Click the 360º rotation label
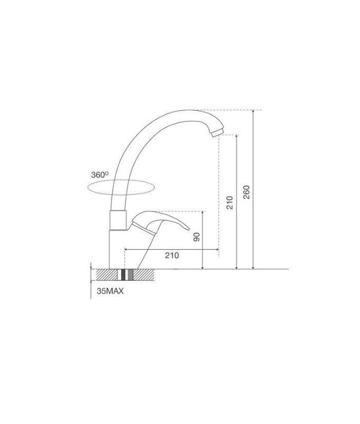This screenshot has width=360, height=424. point(100,174)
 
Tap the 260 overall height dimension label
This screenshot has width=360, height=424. point(246,192)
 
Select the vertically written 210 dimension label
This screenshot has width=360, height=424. point(230,202)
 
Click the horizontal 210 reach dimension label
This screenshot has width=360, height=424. point(172,255)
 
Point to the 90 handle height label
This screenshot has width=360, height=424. point(196,236)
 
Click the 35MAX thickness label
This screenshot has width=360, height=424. point(110,291)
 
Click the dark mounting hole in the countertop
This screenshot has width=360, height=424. point(125,275)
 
